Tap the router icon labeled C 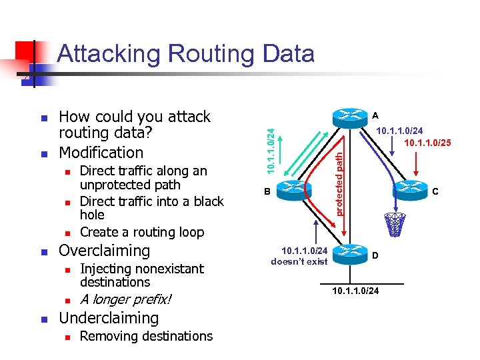[x=411, y=191]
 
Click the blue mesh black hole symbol [x=395, y=225]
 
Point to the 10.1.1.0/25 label [x=426, y=143]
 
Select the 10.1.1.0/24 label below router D [x=355, y=291]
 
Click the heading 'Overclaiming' [x=105, y=251]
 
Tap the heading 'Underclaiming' [x=109, y=319]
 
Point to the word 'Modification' [x=101, y=152]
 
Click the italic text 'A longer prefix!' [x=125, y=300]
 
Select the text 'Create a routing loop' [x=141, y=232]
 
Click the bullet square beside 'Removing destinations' [x=66, y=337]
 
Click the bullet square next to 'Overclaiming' [x=44, y=252]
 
